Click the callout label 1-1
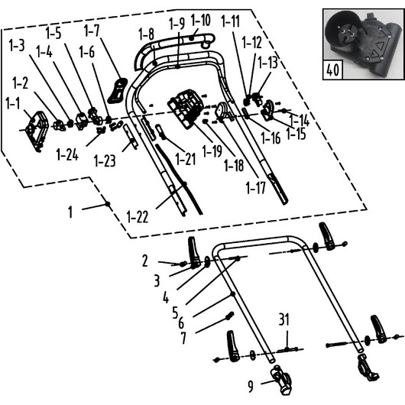click(13, 103)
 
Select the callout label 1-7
click(92, 31)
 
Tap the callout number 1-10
click(201, 20)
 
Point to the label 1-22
click(138, 217)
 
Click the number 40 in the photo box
click(332, 70)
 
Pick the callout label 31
click(283, 319)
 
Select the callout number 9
click(251, 387)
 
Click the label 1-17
click(255, 188)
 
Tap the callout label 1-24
click(67, 155)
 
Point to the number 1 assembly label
click(70, 212)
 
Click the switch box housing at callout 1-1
click(37, 131)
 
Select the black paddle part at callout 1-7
click(117, 90)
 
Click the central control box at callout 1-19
click(185, 109)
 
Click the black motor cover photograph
click(364, 44)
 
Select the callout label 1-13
click(268, 63)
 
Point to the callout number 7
click(183, 338)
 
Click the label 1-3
click(17, 45)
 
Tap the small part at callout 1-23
click(131, 136)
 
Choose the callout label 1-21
click(186, 159)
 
